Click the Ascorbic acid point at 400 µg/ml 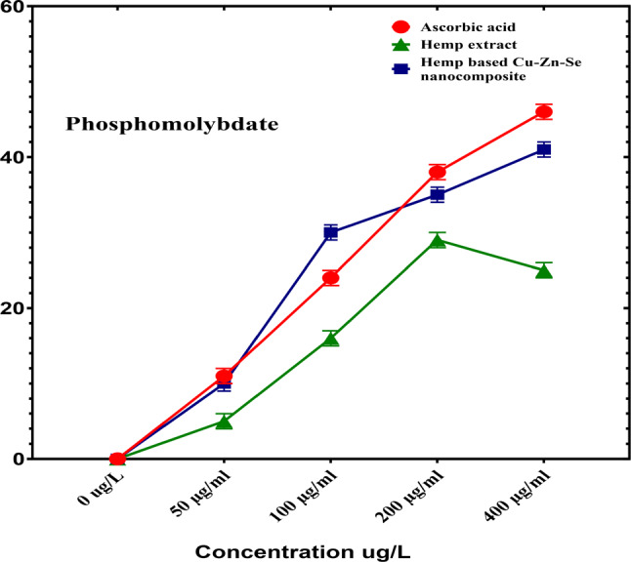544,112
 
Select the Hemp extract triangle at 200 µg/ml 438,240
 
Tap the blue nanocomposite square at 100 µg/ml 331,232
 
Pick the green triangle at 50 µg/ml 224,421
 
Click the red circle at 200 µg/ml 438,172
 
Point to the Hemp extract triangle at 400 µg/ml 544,270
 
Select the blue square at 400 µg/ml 544,149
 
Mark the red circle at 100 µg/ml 331,278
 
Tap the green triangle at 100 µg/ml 331,339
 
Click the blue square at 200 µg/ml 438,194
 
